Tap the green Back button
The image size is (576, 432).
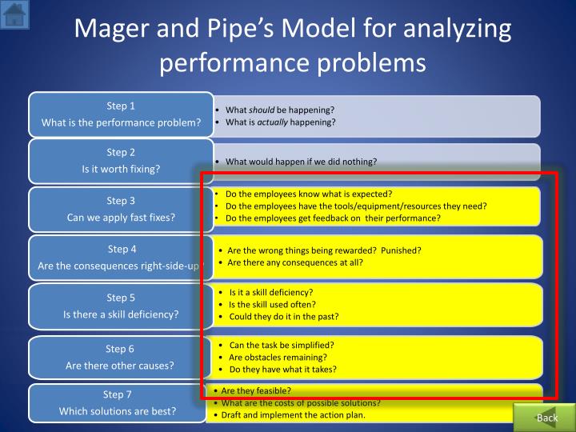[x=547, y=418]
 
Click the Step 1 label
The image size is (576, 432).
[x=121, y=106]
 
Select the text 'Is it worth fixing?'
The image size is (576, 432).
[x=121, y=169]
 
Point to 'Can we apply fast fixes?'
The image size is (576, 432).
[x=121, y=217]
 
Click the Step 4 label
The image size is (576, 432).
[x=122, y=249]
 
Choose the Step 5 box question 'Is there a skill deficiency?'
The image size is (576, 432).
[x=121, y=314]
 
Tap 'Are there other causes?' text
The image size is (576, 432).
[x=120, y=366]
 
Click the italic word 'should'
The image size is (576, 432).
[x=262, y=110]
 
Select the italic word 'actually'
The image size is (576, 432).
[x=272, y=122]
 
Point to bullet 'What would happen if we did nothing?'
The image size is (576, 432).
[x=301, y=162]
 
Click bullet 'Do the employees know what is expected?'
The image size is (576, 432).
[x=309, y=194]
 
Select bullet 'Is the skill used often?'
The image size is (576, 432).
[x=272, y=304]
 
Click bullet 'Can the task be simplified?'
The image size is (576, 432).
[x=282, y=345]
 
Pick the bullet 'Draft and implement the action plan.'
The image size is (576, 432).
[x=293, y=414]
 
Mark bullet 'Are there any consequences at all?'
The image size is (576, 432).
[x=295, y=262]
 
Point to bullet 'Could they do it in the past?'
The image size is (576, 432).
[x=284, y=316]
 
